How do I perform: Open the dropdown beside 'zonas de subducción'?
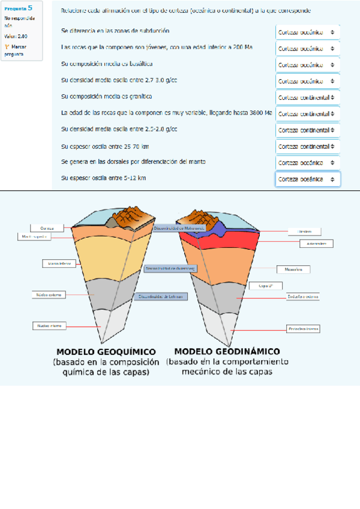pyautogui.click(x=308, y=32)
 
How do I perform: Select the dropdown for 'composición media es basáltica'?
pyautogui.click(x=308, y=65)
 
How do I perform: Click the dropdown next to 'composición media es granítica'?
pyautogui.click(x=308, y=97)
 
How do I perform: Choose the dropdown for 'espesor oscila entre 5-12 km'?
pyautogui.click(x=308, y=179)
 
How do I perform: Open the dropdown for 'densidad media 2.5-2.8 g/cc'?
pyautogui.click(x=308, y=130)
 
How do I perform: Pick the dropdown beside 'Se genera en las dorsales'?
pyautogui.click(x=308, y=163)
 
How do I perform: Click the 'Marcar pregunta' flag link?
pyautogui.click(x=14, y=50)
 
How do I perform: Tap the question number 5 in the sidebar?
pyautogui.click(x=30, y=8)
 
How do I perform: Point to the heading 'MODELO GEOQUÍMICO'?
pyautogui.click(x=106, y=351)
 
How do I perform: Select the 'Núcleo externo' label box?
pyautogui.click(x=49, y=295)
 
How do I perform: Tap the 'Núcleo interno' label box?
pyautogui.click(x=49, y=325)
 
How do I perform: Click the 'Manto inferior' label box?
pyautogui.click(x=57, y=263)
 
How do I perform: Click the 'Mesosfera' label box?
pyautogui.click(x=292, y=270)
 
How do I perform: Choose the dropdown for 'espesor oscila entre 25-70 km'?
pyautogui.click(x=308, y=146)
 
